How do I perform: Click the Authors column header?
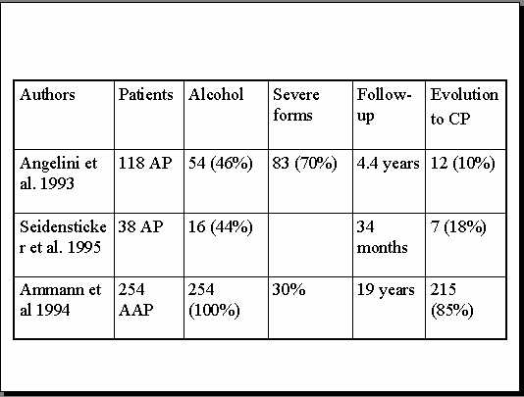pyautogui.click(x=47, y=95)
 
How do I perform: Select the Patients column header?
pyautogui.click(x=145, y=95)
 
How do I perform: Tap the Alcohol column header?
pyautogui.click(x=216, y=95)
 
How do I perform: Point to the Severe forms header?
pyautogui.click(x=296, y=105)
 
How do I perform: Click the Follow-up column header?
pyautogui.click(x=384, y=106)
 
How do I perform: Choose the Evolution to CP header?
pyautogui.click(x=464, y=106)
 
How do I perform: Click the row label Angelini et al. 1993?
pyautogui.click(x=59, y=174)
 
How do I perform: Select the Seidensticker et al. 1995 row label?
pyautogui.click(x=63, y=237)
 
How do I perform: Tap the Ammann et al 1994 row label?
pyautogui.click(x=60, y=300)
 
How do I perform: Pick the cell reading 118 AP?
pyautogui.click(x=145, y=164)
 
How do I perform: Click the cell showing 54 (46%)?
pyautogui.click(x=220, y=164)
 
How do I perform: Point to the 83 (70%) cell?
pyautogui.click(x=304, y=164)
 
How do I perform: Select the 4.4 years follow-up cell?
pyautogui.click(x=388, y=164)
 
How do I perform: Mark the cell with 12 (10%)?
pyautogui.click(x=463, y=164)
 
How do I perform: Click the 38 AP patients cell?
pyautogui.click(x=140, y=227)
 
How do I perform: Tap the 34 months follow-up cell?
pyautogui.click(x=382, y=237)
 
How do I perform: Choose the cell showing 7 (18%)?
pyautogui.click(x=458, y=227)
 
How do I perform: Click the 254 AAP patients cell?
pyautogui.click(x=135, y=300)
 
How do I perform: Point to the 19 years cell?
pyautogui.click(x=386, y=290)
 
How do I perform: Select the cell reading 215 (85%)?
pyautogui.click(x=451, y=301)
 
